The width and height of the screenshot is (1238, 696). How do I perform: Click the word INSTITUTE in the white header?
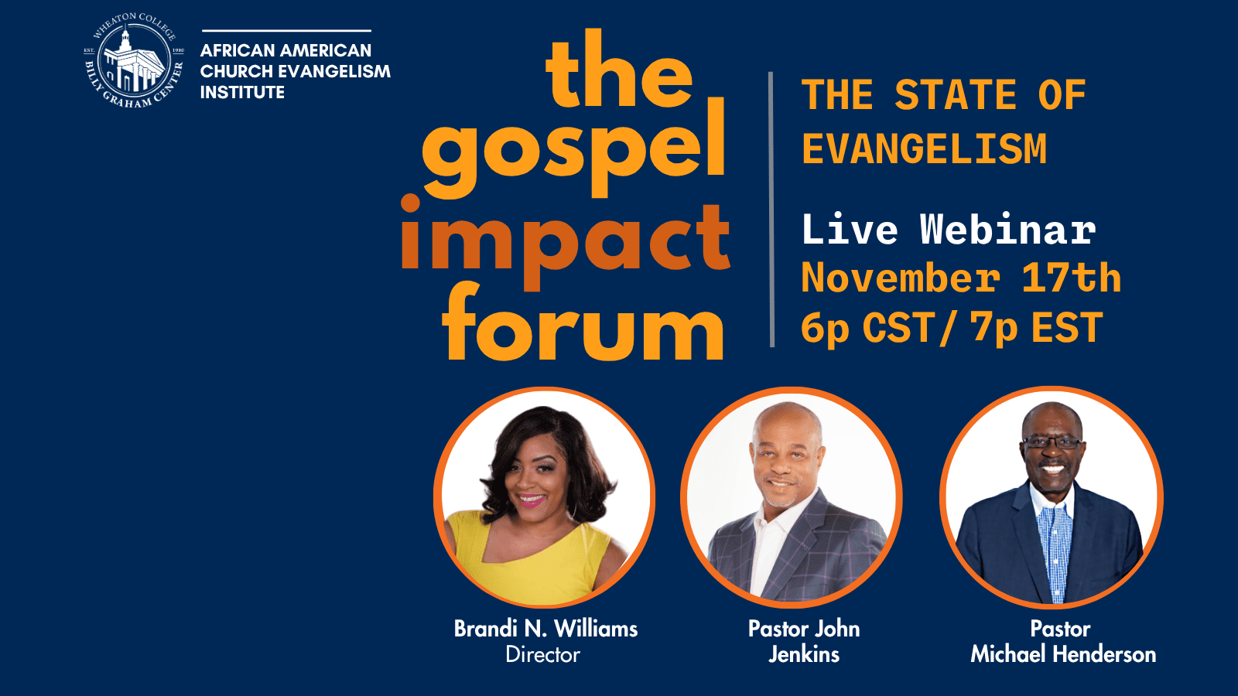point(242,92)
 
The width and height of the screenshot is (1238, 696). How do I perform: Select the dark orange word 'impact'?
point(565,240)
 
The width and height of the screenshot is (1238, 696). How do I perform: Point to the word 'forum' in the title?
point(583,325)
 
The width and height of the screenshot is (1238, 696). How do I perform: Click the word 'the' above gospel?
point(619,73)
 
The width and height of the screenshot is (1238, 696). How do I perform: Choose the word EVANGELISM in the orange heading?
point(924,148)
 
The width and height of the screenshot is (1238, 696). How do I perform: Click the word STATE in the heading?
point(955,95)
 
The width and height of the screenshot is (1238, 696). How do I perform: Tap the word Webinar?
point(1007,230)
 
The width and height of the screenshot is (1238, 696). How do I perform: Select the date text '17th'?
point(1071,278)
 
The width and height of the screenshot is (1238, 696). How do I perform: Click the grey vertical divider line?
point(771,209)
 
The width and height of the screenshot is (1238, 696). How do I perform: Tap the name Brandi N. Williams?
point(545,629)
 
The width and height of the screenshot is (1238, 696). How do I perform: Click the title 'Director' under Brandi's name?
point(542,655)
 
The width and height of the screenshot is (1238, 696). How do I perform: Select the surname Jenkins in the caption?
point(804,655)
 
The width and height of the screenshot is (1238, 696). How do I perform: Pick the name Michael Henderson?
point(1063,655)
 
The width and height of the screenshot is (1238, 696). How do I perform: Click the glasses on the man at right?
point(1052,443)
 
